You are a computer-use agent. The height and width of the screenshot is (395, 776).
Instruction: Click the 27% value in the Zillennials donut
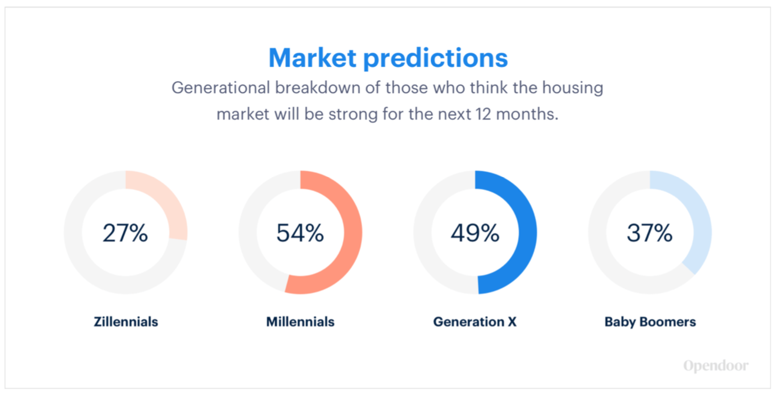pyautogui.click(x=125, y=233)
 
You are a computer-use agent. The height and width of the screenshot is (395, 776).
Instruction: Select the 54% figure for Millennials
pyautogui.click(x=300, y=233)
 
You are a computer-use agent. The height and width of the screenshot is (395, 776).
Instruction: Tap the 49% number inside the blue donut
pyautogui.click(x=475, y=233)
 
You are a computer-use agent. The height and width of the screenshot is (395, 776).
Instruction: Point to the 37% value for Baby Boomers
pyautogui.click(x=650, y=233)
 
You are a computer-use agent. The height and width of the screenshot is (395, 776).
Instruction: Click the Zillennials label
pyautogui.click(x=126, y=322)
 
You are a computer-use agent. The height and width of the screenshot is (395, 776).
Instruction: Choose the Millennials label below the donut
pyautogui.click(x=300, y=322)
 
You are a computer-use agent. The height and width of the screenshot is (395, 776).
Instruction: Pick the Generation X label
pyautogui.click(x=475, y=322)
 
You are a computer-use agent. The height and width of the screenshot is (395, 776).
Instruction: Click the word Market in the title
pyautogui.click(x=312, y=58)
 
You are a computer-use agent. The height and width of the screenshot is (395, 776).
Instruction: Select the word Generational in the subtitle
pyautogui.click(x=220, y=88)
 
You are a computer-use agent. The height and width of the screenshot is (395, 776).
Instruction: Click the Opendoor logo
pyautogui.click(x=716, y=366)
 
